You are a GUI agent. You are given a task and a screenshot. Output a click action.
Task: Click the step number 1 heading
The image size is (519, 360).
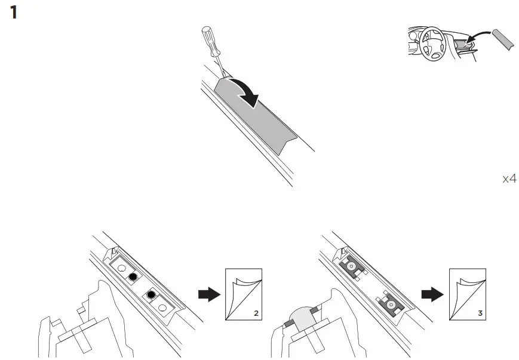(x=14, y=13)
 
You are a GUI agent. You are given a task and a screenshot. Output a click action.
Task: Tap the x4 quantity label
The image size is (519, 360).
(x=508, y=179)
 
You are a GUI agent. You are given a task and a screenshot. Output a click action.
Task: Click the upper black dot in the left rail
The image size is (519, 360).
(x=132, y=276)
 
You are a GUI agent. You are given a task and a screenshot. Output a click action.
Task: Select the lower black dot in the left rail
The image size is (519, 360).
(x=151, y=295)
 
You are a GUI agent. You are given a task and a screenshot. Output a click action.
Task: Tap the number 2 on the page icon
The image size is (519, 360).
(x=254, y=312)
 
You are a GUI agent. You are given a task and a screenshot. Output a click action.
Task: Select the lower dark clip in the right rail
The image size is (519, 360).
(x=390, y=304)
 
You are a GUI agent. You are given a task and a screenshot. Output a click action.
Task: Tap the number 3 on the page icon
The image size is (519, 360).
(x=480, y=312)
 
